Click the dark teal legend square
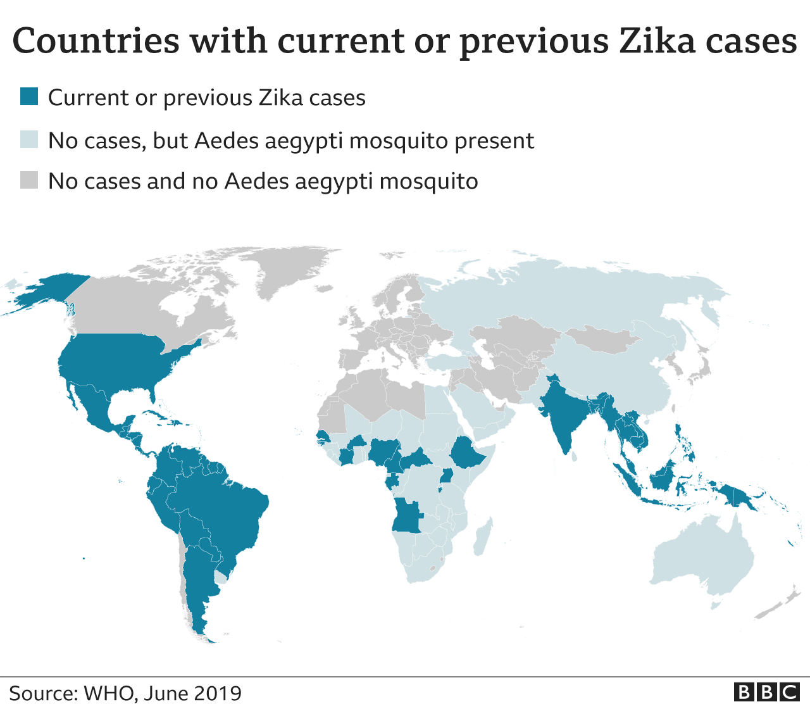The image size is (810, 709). pyautogui.click(x=29, y=97)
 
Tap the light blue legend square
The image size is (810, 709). pyautogui.click(x=29, y=139)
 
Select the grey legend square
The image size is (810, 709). pyautogui.click(x=29, y=180)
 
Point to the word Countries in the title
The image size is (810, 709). pyautogui.click(x=96, y=41)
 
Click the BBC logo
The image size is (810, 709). pyautogui.click(x=766, y=692)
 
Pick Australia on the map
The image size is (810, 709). pyautogui.click(x=702, y=557)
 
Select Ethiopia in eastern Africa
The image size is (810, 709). pyautogui.click(x=468, y=453)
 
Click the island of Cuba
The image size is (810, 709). pyautogui.click(x=155, y=418)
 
